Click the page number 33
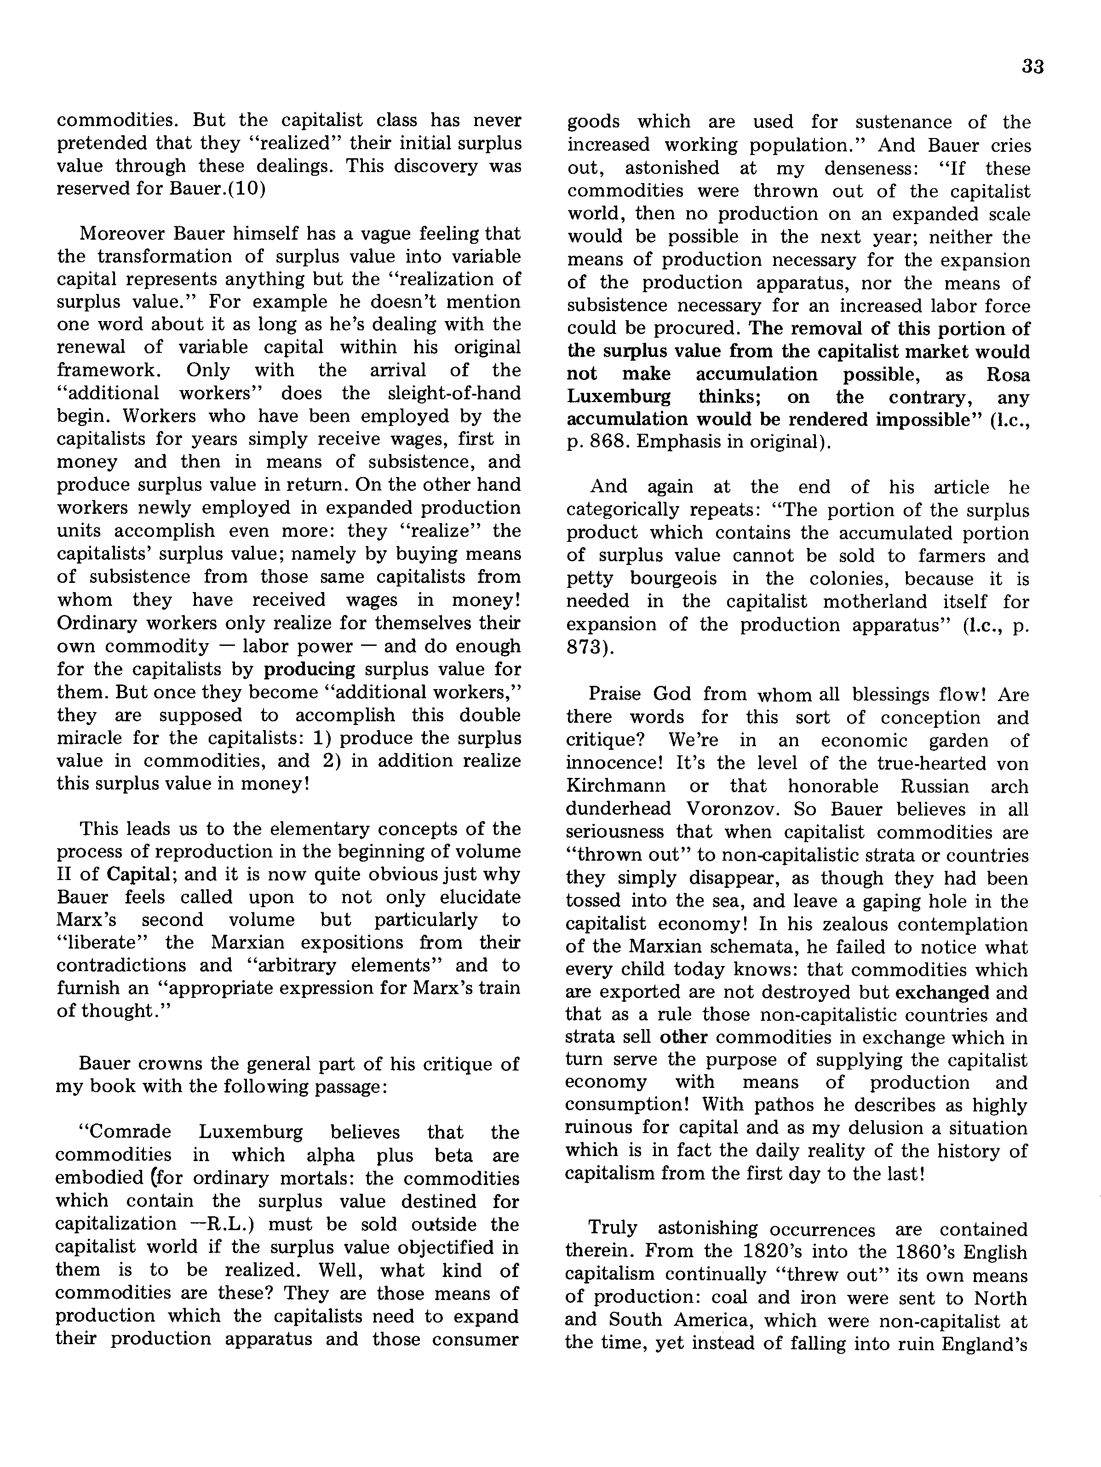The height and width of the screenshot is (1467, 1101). pos(1033,67)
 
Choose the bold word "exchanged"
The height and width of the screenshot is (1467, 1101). pos(942,993)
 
